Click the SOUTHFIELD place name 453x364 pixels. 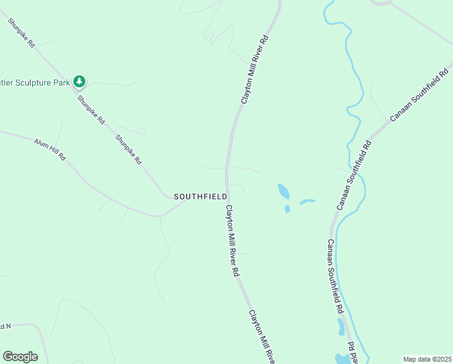[200, 197]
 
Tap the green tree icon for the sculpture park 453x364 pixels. [79, 81]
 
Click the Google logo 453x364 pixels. [20, 357]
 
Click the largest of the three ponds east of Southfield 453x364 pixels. [283, 191]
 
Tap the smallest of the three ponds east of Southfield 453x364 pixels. [287, 209]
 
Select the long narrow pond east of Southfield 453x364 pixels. [308, 201]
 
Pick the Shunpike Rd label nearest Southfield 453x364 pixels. [128, 149]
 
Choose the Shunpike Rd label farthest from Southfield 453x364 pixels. [22, 33]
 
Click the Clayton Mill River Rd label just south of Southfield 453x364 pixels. [233, 241]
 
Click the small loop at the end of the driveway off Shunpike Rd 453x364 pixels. [141, 130]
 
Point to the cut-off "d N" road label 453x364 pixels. [5, 326]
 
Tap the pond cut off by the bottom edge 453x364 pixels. [343, 359]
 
